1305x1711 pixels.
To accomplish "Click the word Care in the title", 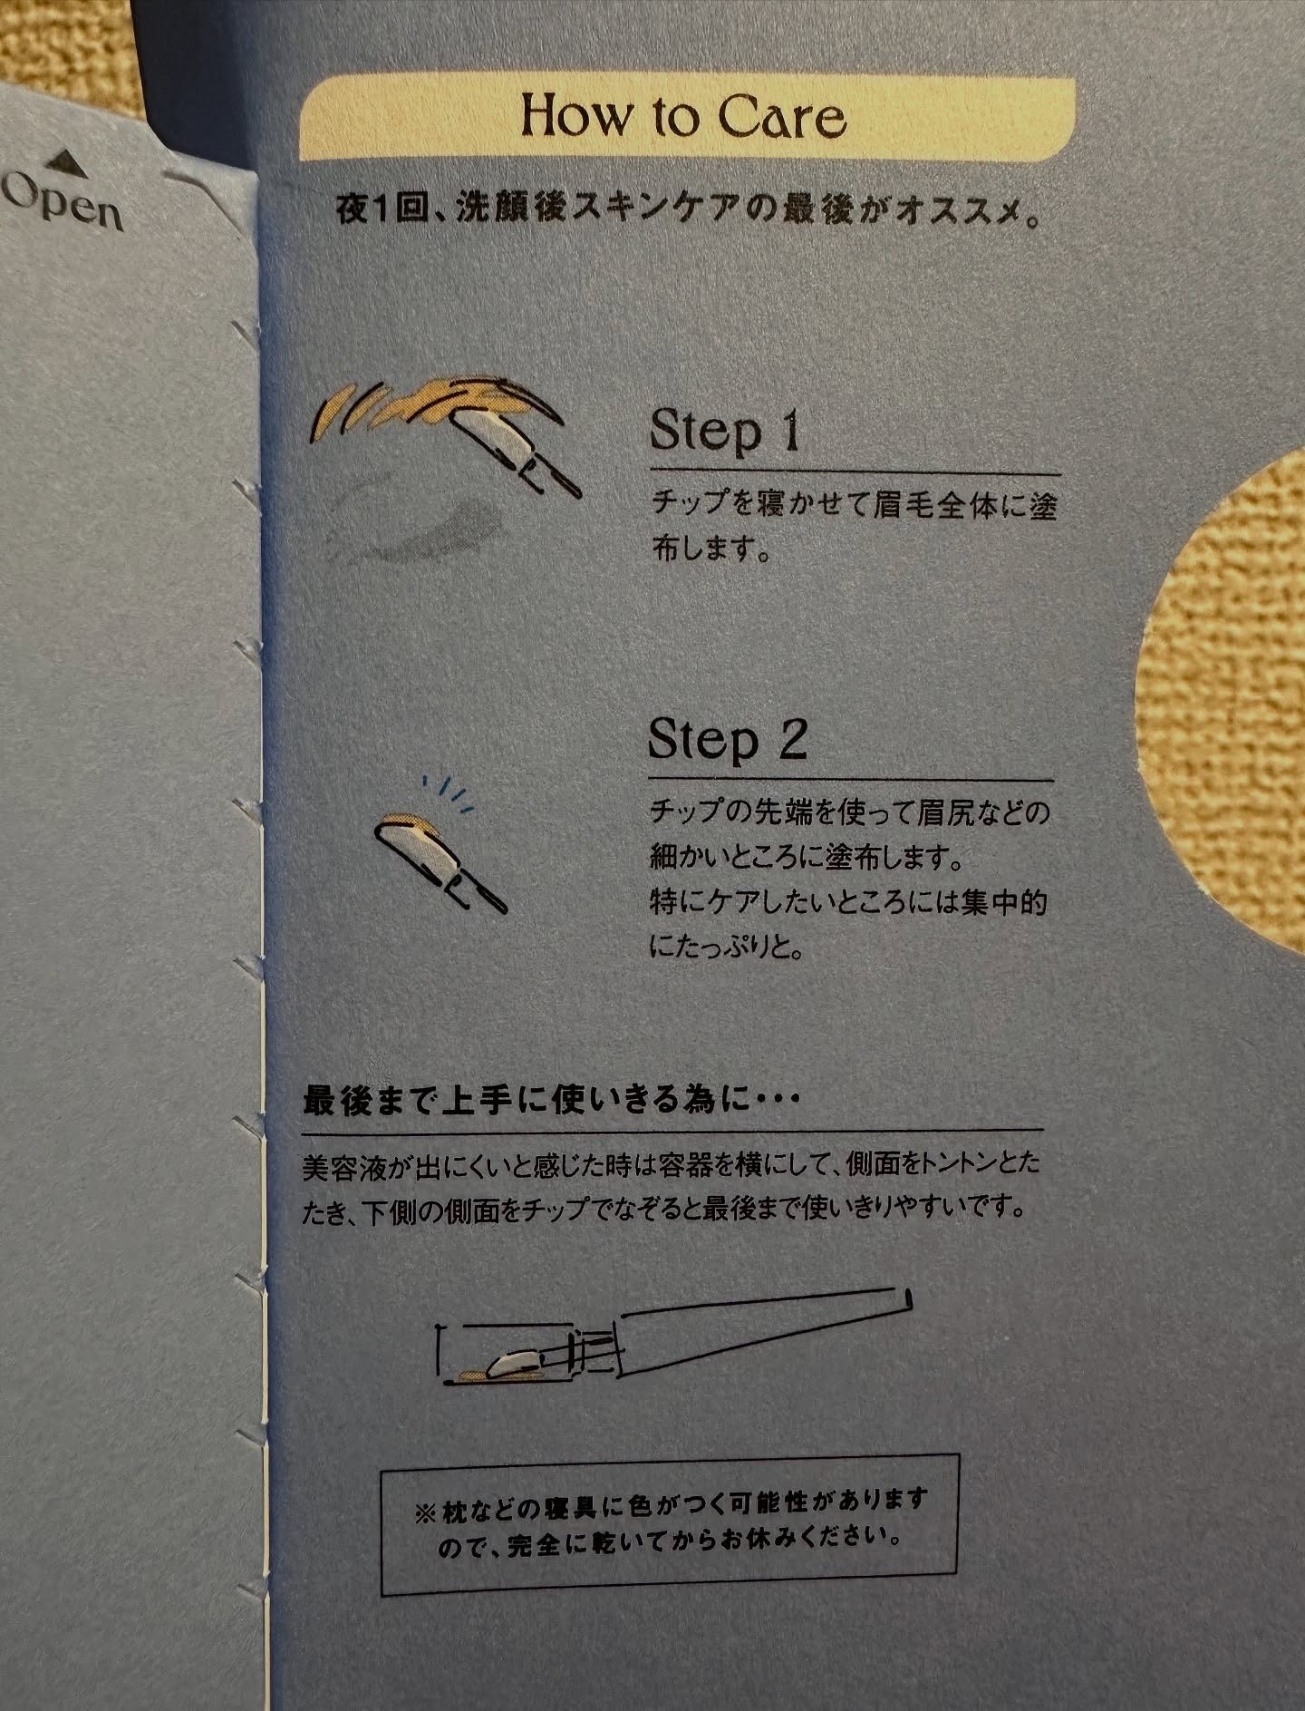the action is pos(782,119).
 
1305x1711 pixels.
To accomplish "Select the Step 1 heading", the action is pos(726,430).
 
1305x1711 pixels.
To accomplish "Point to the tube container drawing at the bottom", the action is pos(675,1337).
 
